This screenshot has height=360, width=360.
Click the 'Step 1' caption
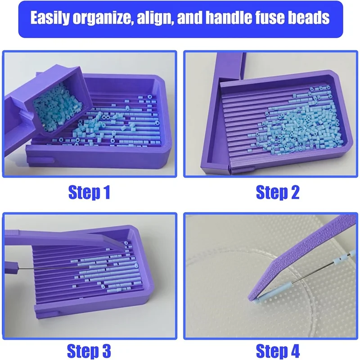89,193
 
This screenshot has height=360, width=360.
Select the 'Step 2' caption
278,193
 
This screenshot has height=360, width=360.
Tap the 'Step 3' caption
89,350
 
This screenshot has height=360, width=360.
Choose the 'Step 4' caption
278,350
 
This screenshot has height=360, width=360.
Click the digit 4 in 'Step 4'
294,350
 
